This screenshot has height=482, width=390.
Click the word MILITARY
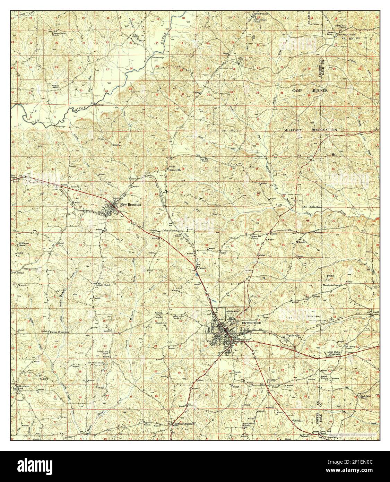point(293,130)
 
